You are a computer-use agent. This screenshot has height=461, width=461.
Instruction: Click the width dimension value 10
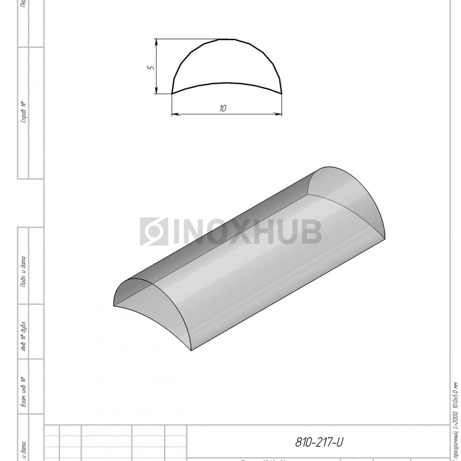[x=223, y=109]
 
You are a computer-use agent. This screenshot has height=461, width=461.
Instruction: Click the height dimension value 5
[x=150, y=67]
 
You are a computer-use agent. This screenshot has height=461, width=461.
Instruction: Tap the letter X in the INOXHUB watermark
[x=238, y=231]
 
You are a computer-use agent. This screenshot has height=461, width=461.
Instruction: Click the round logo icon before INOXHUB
[x=154, y=231]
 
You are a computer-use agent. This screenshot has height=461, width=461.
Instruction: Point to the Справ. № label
[x=24, y=113]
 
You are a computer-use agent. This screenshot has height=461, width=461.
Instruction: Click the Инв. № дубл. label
[x=24, y=339]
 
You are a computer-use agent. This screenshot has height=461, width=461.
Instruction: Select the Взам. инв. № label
[x=24, y=393]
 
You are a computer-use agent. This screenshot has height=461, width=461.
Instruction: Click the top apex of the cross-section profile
[x=227, y=39]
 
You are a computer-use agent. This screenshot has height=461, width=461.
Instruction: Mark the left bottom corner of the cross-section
[x=173, y=94]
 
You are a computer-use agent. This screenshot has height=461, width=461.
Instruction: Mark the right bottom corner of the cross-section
[x=282, y=94]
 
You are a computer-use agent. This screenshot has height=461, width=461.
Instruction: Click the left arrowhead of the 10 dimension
[x=175, y=115]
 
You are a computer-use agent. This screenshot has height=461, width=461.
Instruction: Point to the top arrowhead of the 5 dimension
[x=157, y=41]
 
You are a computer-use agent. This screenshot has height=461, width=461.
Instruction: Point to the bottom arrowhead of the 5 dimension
[x=157, y=91]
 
